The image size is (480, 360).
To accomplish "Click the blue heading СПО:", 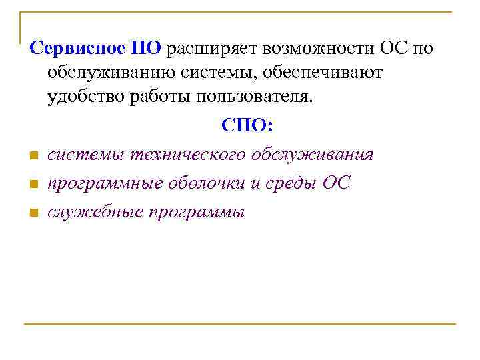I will pos(240,126).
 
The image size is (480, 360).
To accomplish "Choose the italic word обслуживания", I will pos(313,155).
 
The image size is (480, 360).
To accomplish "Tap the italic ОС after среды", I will pos(335,183).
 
